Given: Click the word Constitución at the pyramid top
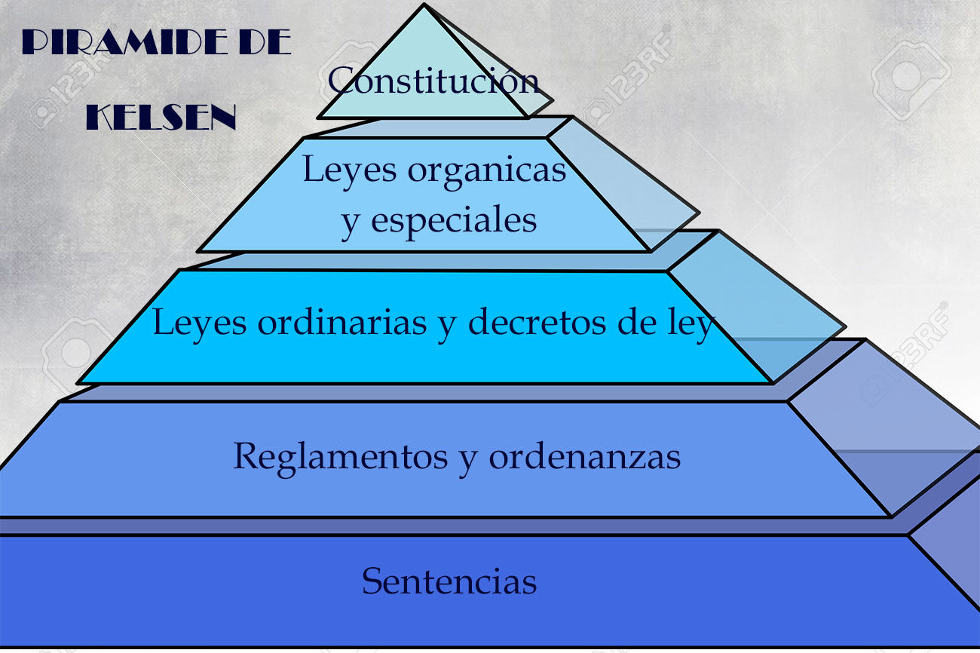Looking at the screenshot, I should (433, 81).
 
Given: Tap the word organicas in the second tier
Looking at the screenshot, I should (487, 170).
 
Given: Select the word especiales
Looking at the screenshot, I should (454, 220).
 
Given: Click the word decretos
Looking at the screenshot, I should (537, 323).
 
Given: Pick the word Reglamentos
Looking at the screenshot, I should (342, 456).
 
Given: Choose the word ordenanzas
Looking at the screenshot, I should (584, 456).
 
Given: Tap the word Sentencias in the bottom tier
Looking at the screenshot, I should (449, 581).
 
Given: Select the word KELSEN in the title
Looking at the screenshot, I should (161, 118).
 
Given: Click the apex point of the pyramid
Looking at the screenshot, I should (424, 6).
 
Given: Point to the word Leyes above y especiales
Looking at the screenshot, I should (350, 170).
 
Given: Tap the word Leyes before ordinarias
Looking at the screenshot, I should (200, 323).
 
